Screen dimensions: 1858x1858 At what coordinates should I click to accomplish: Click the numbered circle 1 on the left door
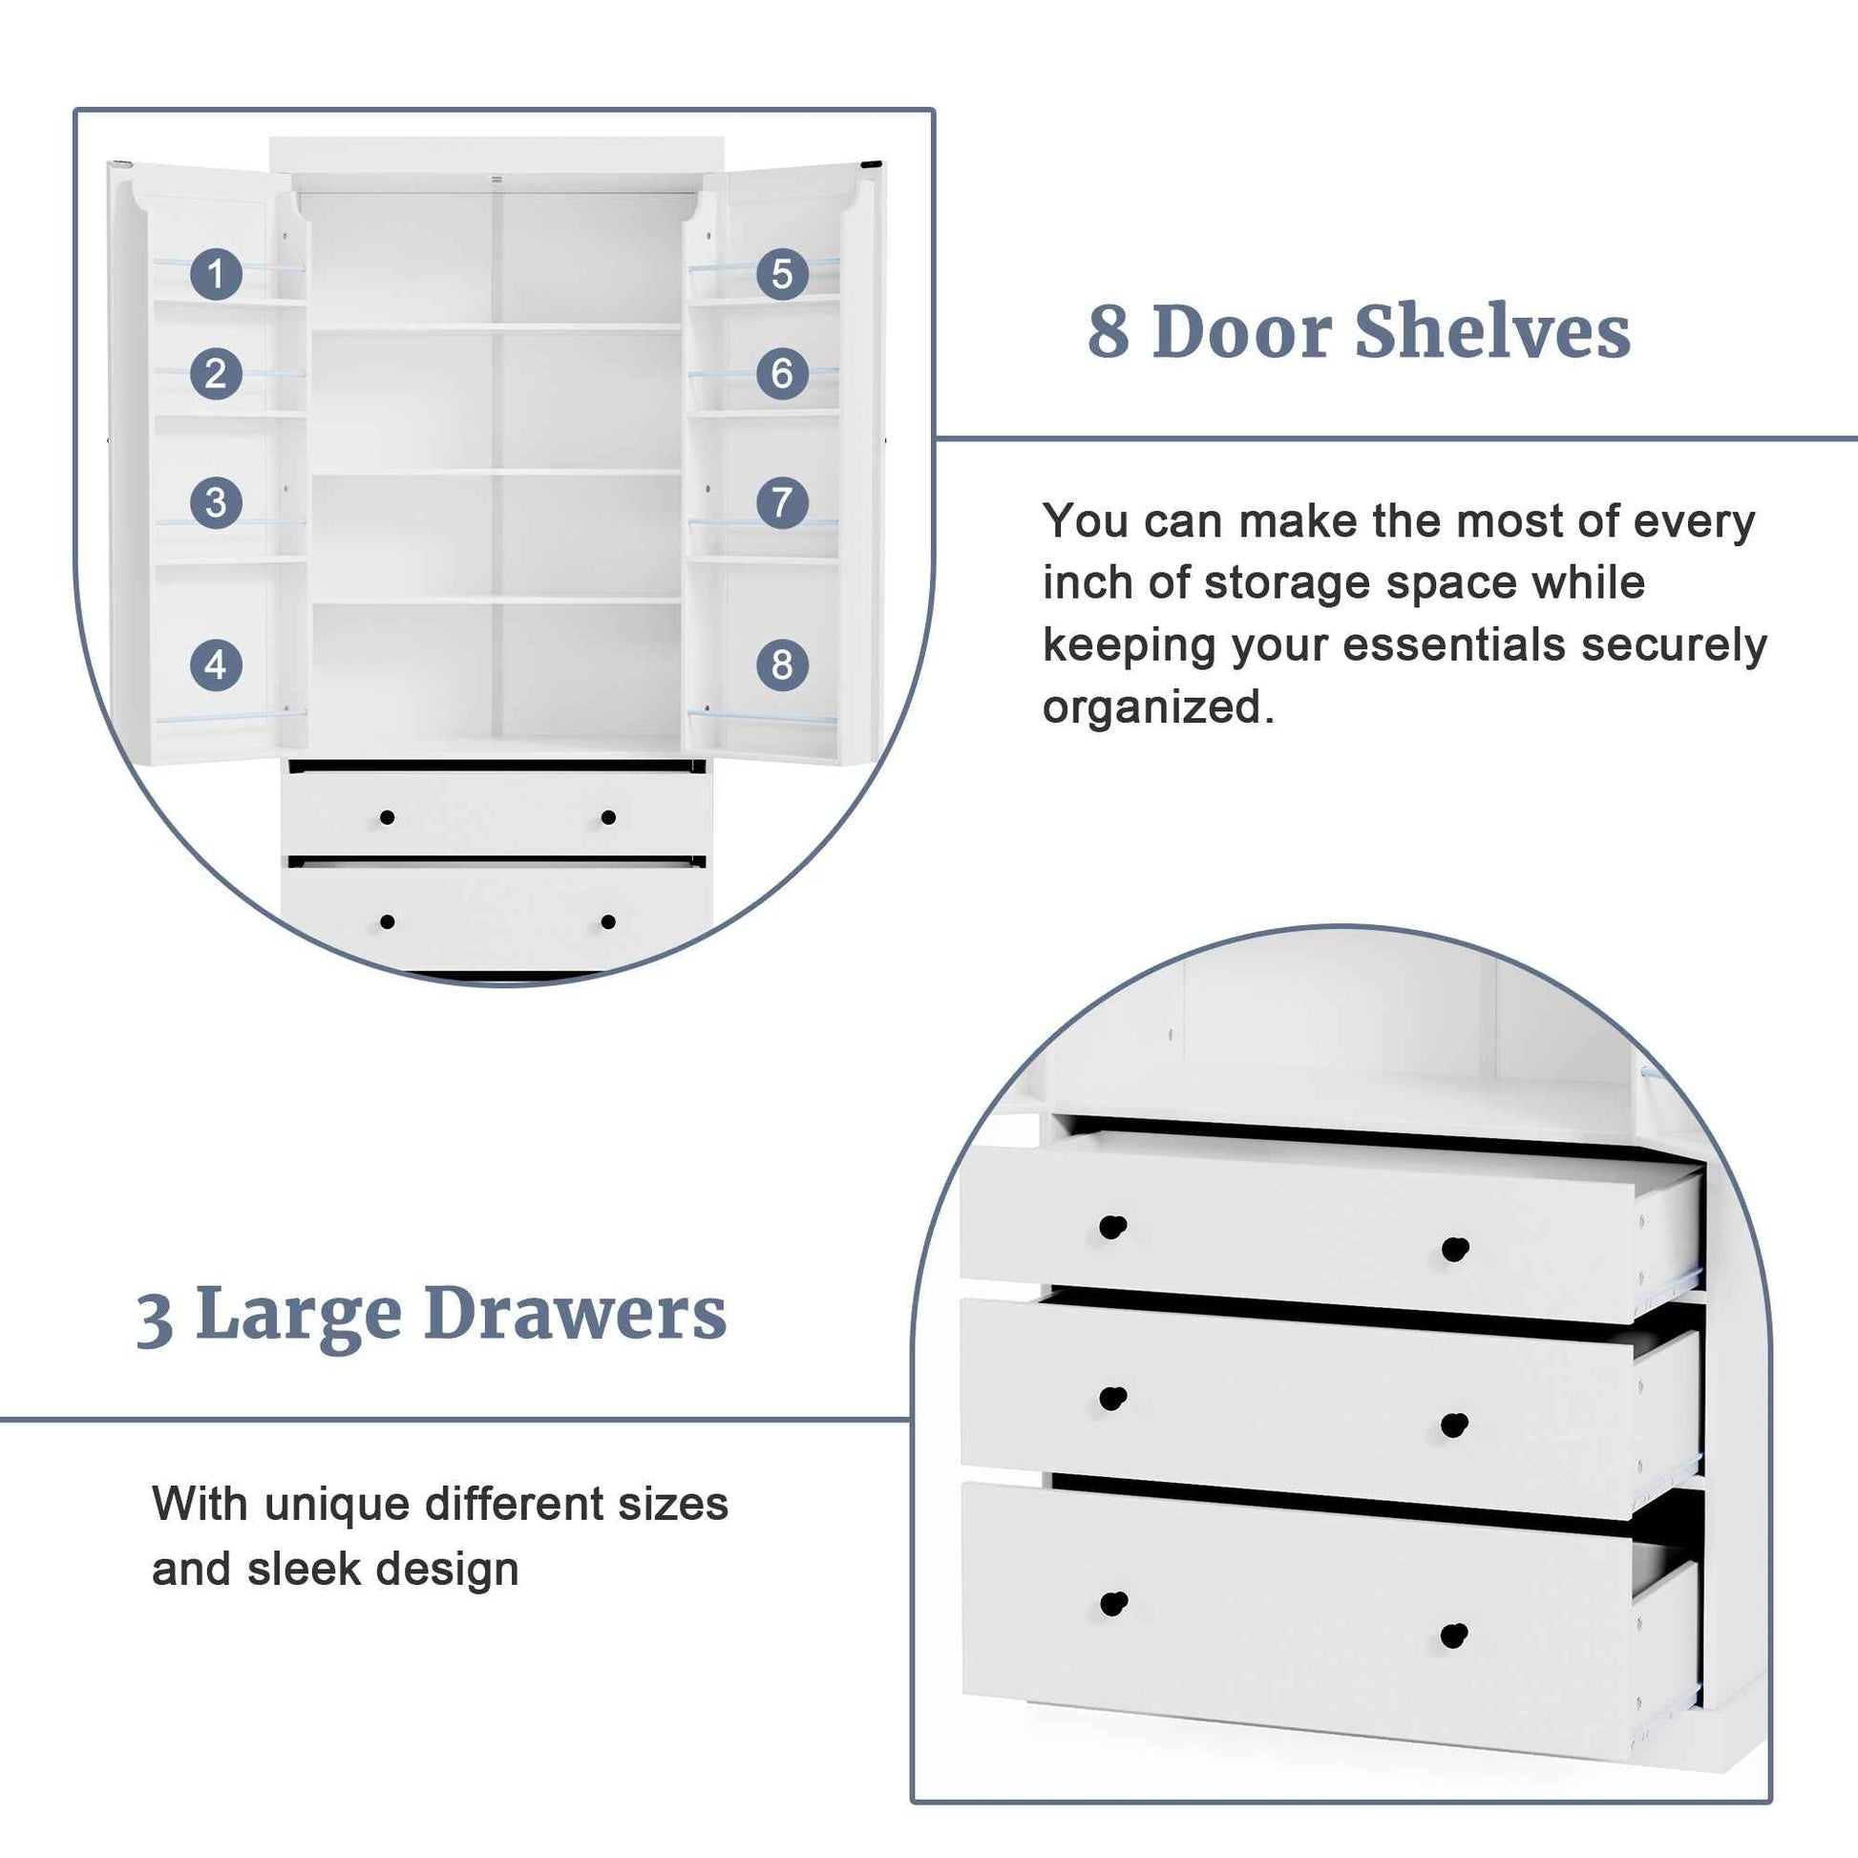[216, 274]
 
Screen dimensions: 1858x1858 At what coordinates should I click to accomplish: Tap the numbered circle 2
[216, 373]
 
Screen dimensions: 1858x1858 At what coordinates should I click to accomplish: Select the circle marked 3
[216, 502]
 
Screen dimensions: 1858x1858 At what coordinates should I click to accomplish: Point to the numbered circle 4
[216, 665]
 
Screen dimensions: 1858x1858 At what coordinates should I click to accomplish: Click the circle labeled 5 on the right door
[782, 274]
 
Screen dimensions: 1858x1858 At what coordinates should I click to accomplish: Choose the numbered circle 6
[782, 373]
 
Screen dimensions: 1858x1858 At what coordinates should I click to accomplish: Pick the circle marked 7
[782, 502]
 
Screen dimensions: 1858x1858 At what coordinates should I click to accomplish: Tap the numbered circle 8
[782, 665]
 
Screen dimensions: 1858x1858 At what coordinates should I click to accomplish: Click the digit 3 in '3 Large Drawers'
[155, 1319]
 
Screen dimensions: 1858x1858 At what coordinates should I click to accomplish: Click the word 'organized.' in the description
[1158, 707]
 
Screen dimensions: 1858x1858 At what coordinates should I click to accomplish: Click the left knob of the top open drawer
[1112, 1228]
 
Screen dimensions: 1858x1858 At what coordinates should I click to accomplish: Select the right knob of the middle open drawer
[1454, 1425]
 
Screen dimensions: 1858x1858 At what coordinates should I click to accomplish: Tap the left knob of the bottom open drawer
[1113, 1604]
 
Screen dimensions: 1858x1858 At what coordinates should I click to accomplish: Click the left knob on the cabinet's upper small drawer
[387, 817]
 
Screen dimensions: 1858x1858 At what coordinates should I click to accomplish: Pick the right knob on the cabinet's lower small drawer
[608, 922]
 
